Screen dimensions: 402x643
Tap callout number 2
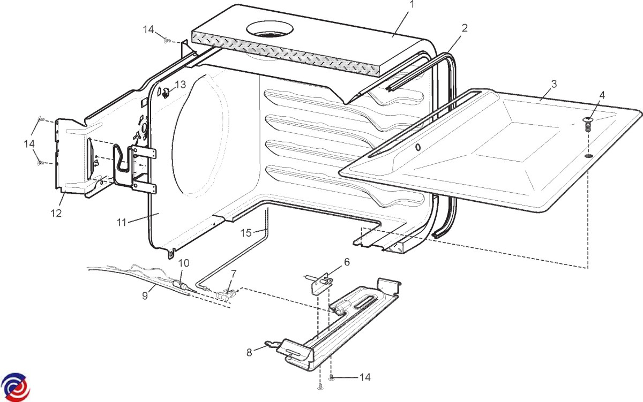click(465, 28)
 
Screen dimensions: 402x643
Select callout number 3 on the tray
click(554, 84)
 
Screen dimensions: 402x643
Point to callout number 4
click(602, 95)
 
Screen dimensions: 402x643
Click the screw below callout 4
click(588, 124)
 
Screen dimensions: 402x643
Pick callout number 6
click(347, 262)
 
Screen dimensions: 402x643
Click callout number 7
click(233, 273)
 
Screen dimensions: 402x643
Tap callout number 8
click(249, 352)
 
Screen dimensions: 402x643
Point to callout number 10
click(184, 263)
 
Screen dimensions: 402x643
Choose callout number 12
click(56, 213)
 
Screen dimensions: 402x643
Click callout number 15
click(246, 232)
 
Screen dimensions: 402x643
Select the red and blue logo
click(14, 386)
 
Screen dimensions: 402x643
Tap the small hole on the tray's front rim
click(418, 147)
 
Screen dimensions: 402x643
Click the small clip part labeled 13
click(166, 93)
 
